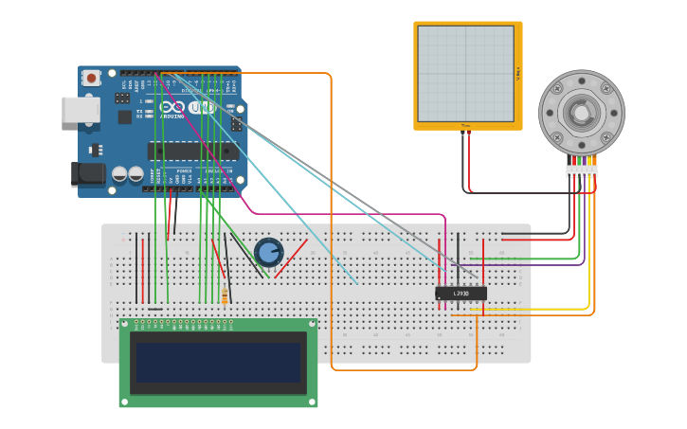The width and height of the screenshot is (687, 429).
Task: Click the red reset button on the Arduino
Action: pyautogui.click(x=92, y=79)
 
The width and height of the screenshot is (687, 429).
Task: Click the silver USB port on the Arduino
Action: pyautogui.click(x=80, y=110)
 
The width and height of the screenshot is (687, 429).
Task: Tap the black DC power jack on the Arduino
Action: pyautogui.click(x=88, y=174)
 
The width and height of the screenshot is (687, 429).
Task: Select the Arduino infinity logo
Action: pyautogui.click(x=173, y=108)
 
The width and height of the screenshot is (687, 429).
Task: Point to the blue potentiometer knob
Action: pyautogui.click(x=269, y=252)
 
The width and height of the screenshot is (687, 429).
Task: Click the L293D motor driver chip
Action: pyautogui.click(x=461, y=294)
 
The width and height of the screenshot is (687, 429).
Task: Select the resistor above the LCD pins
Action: pyautogui.click(x=225, y=296)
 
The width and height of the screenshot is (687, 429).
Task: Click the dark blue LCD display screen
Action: pyautogui.click(x=218, y=363)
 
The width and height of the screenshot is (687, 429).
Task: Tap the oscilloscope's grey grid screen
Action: pyautogui.click(x=467, y=74)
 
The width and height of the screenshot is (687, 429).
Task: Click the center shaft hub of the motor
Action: pyautogui.click(x=581, y=114)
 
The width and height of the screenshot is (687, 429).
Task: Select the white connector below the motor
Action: pyautogui.click(x=582, y=171)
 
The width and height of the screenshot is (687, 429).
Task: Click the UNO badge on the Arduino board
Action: pyautogui.click(x=201, y=108)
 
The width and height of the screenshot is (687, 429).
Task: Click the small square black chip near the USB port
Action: pyautogui.click(x=124, y=117)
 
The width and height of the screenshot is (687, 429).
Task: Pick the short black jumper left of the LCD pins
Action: pyautogui.click(x=155, y=309)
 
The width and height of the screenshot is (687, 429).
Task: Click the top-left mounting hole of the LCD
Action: pyautogui.click(x=126, y=325)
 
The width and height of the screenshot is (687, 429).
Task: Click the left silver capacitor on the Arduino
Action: pyautogui.click(x=120, y=174)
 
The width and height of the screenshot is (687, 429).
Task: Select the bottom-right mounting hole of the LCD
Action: pyautogui.click(x=311, y=402)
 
